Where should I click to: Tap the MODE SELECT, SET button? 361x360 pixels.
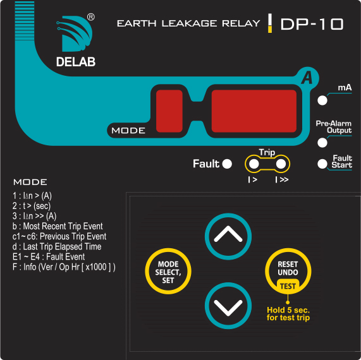click(x=168, y=271)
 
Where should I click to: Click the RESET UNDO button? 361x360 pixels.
click(x=288, y=271)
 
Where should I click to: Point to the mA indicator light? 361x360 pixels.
click(x=322, y=100)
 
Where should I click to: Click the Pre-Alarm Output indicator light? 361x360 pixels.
click(x=322, y=143)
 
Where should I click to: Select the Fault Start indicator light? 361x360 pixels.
click(x=322, y=164)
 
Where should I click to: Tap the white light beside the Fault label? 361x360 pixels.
click(x=227, y=164)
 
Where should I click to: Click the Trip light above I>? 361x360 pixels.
click(x=254, y=164)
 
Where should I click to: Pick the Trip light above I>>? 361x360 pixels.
click(x=281, y=164)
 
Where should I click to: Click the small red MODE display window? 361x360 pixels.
click(x=169, y=111)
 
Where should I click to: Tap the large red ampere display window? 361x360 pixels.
click(x=254, y=111)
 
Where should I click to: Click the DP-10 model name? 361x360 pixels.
click(x=312, y=24)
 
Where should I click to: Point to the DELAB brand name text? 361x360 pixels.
click(x=76, y=62)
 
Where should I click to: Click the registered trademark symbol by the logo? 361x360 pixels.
click(x=91, y=17)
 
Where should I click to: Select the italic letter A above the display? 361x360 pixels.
click(x=307, y=78)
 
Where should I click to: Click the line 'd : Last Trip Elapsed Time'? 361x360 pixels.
click(x=57, y=246)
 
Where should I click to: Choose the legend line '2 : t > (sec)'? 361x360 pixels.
click(x=32, y=206)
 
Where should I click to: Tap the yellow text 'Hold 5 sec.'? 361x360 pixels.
click(x=288, y=310)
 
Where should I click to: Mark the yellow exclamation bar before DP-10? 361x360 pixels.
click(x=270, y=23)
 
